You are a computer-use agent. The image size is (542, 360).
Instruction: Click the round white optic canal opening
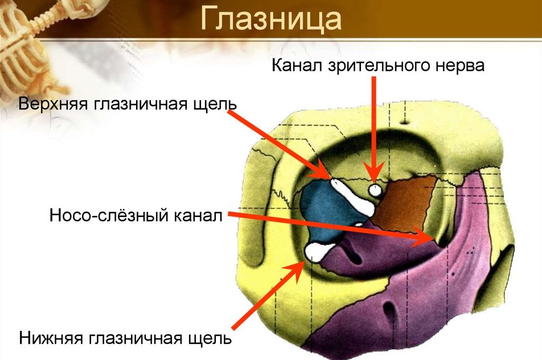375,190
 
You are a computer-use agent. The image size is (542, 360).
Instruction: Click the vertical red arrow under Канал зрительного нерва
375,127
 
